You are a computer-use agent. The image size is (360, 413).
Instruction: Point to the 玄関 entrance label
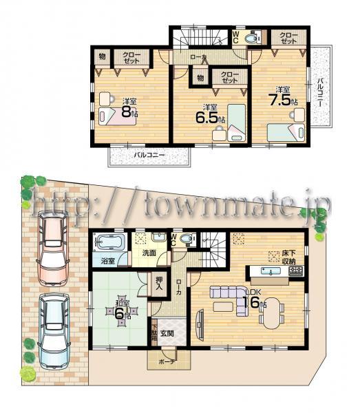tap(168, 334)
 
